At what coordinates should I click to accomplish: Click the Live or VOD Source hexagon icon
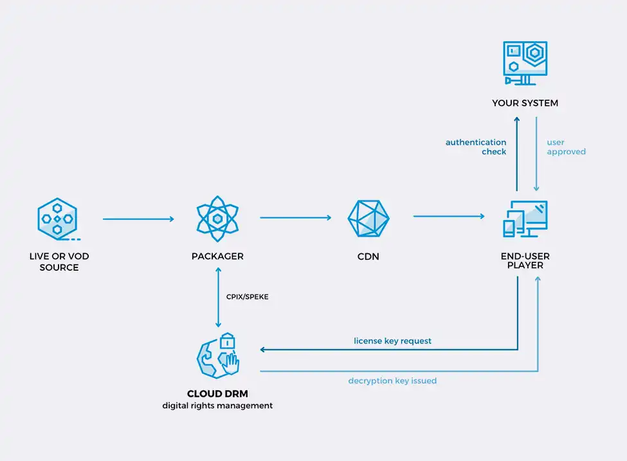pyautogui.click(x=58, y=219)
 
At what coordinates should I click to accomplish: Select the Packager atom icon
pyautogui.click(x=217, y=219)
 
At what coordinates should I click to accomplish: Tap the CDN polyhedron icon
pyautogui.click(x=368, y=219)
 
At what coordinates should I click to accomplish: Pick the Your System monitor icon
pyautogui.click(x=525, y=62)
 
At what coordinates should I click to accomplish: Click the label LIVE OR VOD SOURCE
pyautogui.click(x=59, y=262)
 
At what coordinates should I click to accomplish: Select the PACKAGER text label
pyautogui.click(x=217, y=257)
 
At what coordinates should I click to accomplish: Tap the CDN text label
pyautogui.click(x=368, y=257)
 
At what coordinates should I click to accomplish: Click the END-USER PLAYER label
pyautogui.click(x=525, y=261)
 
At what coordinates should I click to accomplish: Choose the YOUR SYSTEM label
pyautogui.click(x=525, y=103)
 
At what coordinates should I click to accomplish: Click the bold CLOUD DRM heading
pyautogui.click(x=217, y=393)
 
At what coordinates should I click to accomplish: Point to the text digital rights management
pyautogui.click(x=217, y=406)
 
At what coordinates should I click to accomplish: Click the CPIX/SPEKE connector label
pyautogui.click(x=247, y=297)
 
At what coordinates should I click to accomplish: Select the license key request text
pyautogui.click(x=392, y=341)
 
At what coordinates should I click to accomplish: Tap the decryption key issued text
pyautogui.click(x=392, y=381)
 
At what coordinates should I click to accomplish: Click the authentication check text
pyautogui.click(x=476, y=147)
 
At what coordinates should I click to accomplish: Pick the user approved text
pyautogui.click(x=566, y=147)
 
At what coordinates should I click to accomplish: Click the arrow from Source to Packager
pyautogui.click(x=138, y=219)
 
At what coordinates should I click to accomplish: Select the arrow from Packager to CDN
pyautogui.click(x=295, y=218)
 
